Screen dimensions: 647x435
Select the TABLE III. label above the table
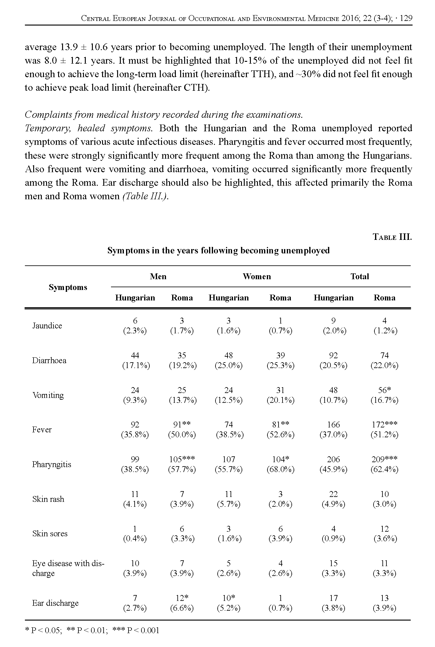coord(392,237)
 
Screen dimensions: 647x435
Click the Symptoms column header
coord(68,287)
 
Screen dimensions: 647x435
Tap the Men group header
coord(158,276)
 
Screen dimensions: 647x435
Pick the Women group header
coord(257,276)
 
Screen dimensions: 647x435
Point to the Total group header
coord(360,276)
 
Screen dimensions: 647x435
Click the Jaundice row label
coord(47,326)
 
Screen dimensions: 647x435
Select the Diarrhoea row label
coord(49,360)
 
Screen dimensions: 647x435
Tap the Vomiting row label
coord(48,395)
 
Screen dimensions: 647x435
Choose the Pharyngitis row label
coord(51,464)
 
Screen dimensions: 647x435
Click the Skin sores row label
coord(50,534)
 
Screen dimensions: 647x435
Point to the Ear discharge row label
coord(55,603)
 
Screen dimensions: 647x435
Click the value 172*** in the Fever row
coord(385,425)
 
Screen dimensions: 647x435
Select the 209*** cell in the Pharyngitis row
coord(385,459)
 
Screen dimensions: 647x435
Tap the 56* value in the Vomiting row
coord(385,390)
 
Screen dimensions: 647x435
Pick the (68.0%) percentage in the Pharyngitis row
coord(280,470)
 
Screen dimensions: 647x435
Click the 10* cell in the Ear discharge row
coord(229,598)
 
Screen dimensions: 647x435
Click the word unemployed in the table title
coord(305,251)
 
